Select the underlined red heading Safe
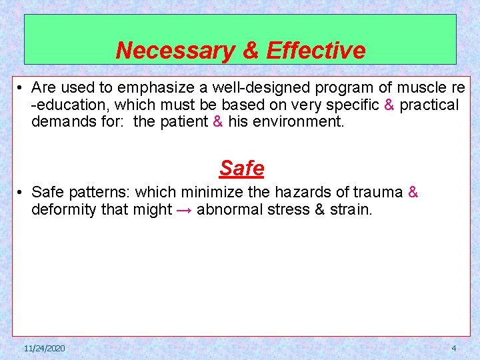[241, 168]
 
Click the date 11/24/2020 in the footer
[44, 349]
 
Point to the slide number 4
[454, 349]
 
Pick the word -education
[67, 105]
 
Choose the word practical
[429, 105]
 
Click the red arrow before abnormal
[185, 210]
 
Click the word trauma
[376, 193]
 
